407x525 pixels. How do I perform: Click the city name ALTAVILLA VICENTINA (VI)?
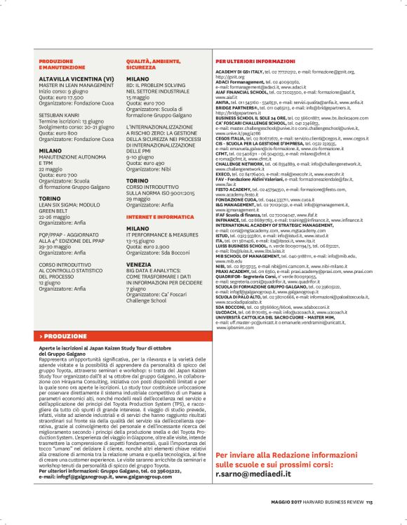tap(76, 80)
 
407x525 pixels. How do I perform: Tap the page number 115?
tap(368, 501)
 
